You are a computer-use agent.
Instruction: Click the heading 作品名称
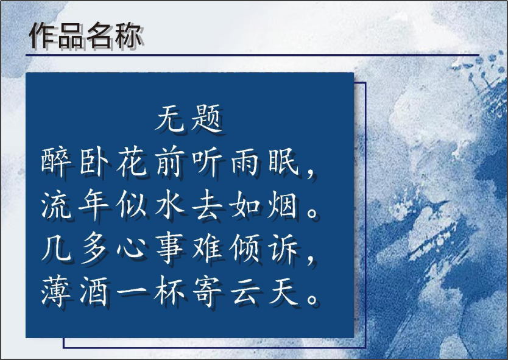pos(86,35)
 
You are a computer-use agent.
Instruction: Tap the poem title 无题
pos(189,119)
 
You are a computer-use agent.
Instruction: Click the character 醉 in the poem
pos(56,161)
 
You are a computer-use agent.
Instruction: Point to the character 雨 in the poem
pos(245,161)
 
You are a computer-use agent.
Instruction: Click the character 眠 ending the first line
pos(283,161)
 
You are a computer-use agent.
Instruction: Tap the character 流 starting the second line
pos(56,205)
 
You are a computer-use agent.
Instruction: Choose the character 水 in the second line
pos(169,205)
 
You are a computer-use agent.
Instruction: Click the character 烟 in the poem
pos(283,205)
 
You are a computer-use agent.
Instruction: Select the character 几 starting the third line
pos(56,248)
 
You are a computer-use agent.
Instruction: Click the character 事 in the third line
pos(169,248)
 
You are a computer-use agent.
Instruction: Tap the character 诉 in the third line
pos(283,248)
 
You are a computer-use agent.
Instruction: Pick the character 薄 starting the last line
pos(56,291)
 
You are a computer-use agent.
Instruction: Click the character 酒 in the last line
pos(94,291)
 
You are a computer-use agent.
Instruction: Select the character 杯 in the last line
pos(169,291)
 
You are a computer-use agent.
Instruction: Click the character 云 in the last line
pos(245,292)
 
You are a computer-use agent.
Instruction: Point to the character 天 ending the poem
pos(283,291)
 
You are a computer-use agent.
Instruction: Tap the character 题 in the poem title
pos(208,119)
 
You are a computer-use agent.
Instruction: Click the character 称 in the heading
pos(129,35)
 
